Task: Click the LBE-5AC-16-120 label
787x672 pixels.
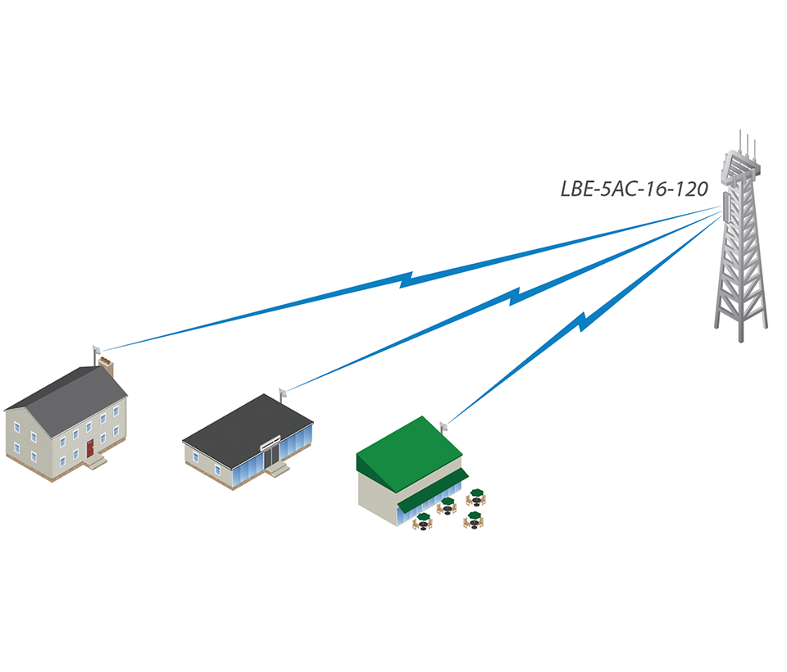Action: (634, 188)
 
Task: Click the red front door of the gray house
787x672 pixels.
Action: (89, 449)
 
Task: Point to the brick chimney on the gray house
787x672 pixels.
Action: (106, 361)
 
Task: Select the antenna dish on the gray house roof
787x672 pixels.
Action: (95, 350)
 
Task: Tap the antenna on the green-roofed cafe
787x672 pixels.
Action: (444, 425)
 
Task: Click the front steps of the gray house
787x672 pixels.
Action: (97, 462)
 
